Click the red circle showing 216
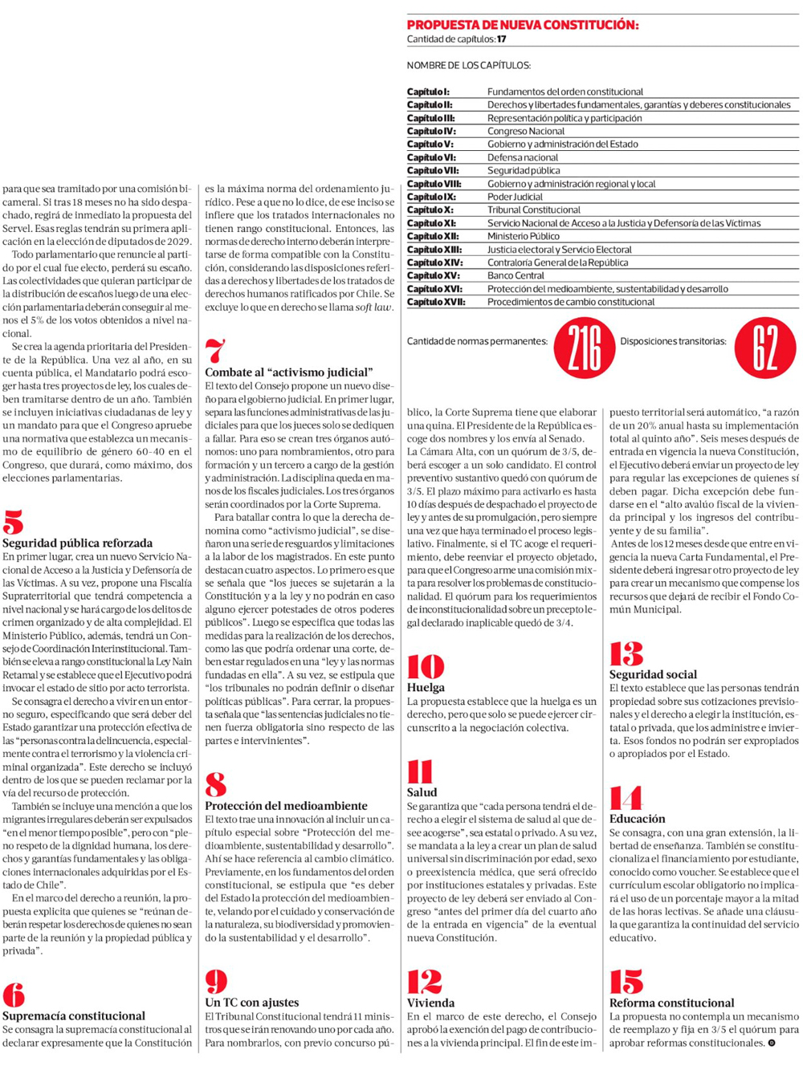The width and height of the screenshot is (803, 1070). pyautogui.click(x=585, y=348)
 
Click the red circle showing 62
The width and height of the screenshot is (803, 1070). pyautogui.click(x=764, y=348)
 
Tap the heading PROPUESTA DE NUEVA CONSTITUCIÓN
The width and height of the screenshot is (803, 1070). pyautogui.click(x=523, y=25)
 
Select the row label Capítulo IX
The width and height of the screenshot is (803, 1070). pyautogui.click(x=431, y=197)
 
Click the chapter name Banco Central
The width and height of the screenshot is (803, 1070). pyautogui.click(x=516, y=275)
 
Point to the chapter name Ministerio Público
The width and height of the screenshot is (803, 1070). pyautogui.click(x=524, y=236)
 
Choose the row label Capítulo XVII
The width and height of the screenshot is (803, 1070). pyautogui.click(x=436, y=302)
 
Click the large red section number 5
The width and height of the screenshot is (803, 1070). pyautogui.click(x=13, y=523)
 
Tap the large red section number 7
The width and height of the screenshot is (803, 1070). pyautogui.click(x=215, y=352)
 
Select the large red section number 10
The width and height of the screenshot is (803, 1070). pyautogui.click(x=425, y=666)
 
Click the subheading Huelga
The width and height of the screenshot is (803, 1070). pyautogui.click(x=426, y=688)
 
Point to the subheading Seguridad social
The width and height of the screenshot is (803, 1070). pyautogui.click(x=653, y=675)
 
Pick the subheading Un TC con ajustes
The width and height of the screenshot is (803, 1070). pyautogui.click(x=251, y=1003)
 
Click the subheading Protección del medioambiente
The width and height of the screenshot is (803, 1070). pyautogui.click(x=286, y=806)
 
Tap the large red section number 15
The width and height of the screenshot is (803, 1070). pyautogui.click(x=626, y=982)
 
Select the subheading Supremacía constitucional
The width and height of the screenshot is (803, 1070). pyautogui.click(x=74, y=1016)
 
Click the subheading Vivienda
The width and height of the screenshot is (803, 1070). pyautogui.click(x=430, y=1003)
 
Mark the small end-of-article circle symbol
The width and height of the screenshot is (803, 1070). pyautogui.click(x=772, y=1044)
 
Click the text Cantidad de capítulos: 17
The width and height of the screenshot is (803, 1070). pyautogui.click(x=456, y=39)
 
